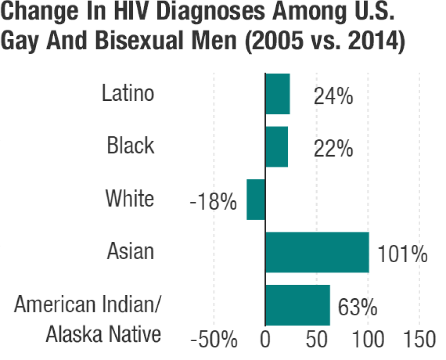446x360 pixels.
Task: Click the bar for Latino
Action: pyautogui.click(x=278, y=94)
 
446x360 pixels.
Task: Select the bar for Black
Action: pyautogui.click(x=277, y=147)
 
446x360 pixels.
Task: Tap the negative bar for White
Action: pyautogui.click(x=256, y=199)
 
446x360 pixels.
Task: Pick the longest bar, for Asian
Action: pyautogui.click(x=317, y=252)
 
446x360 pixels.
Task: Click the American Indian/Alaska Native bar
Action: pyautogui.click(x=298, y=305)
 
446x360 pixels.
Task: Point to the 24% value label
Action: pyautogui.click(x=333, y=96)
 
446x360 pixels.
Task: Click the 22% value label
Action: pyautogui.click(x=332, y=149)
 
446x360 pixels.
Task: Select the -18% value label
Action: pyautogui.click(x=213, y=203)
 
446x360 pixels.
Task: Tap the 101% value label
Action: pyautogui.click(x=402, y=255)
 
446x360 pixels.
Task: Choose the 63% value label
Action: pyautogui.click(x=357, y=307)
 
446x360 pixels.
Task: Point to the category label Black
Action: pyautogui.click(x=130, y=146)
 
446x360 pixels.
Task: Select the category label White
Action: pyautogui.click(x=129, y=198)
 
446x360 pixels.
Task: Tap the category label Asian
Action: pyautogui.click(x=130, y=251)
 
